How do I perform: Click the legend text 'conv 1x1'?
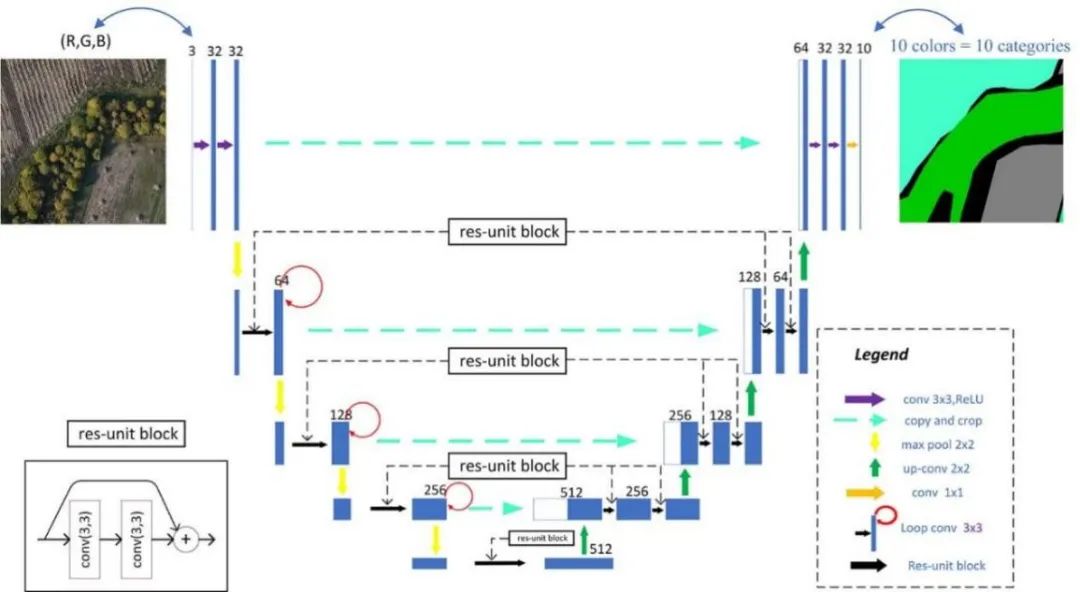(931, 493)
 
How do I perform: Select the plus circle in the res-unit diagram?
(184, 540)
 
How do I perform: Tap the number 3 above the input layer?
(191, 49)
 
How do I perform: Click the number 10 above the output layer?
(864, 49)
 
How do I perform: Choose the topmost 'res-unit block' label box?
(506, 232)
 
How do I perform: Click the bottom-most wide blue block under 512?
(578, 564)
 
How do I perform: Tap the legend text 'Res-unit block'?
(946, 565)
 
